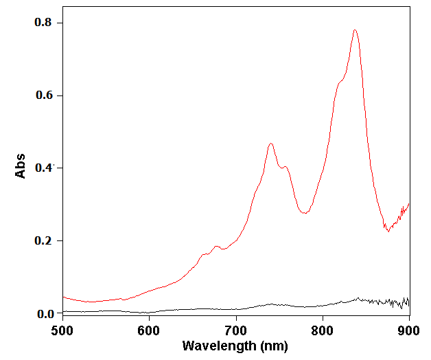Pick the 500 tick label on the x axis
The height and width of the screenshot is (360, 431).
(62, 330)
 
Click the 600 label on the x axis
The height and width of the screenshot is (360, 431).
(149, 330)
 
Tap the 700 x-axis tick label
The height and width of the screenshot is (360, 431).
(236, 330)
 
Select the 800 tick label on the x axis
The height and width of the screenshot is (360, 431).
(323, 330)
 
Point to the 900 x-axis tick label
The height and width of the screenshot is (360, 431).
(409, 330)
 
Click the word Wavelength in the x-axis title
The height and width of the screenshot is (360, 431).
(217, 346)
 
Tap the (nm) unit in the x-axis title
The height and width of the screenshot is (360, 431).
(273, 346)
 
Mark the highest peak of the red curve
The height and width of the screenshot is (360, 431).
(355, 30)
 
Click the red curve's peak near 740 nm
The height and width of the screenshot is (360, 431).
(271, 144)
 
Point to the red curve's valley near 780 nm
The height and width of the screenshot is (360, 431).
(305, 214)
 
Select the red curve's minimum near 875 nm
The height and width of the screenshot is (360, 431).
(388, 232)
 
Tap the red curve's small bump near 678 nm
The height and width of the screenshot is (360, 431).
(217, 246)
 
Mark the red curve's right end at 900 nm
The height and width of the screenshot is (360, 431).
(409, 203)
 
